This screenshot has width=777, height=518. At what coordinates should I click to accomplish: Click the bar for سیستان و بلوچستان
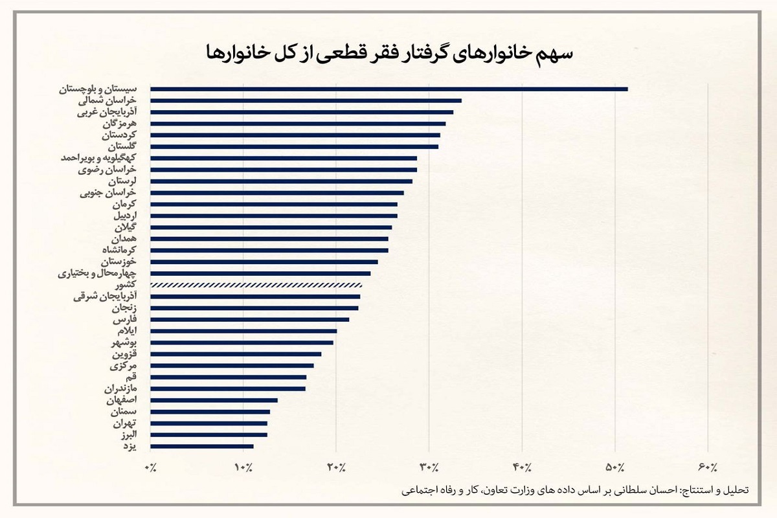coord(388,89)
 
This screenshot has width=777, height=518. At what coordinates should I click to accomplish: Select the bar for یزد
coord(202,446)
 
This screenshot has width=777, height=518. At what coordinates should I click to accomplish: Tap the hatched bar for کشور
coord(256,285)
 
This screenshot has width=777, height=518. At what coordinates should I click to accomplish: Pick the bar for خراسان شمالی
coord(306,100)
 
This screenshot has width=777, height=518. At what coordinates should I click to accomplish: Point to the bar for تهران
coord(208,423)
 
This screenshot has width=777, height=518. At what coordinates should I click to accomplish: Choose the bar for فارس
coord(249,319)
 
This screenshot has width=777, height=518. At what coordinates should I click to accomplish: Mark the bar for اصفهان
coord(214,400)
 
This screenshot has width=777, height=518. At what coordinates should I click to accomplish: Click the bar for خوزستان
coord(264,262)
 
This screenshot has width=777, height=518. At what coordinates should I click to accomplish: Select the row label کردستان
coord(120,135)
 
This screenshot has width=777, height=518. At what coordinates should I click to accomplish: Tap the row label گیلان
coord(126,227)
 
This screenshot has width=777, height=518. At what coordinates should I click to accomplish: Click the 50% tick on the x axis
coord(615,467)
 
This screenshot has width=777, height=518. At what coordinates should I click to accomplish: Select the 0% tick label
coord(152,467)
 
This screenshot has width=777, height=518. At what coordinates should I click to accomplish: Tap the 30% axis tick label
coord(429,467)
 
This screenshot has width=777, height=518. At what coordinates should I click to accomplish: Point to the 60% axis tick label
coord(708,467)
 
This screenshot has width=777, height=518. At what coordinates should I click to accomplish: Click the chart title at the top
coord(388,52)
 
